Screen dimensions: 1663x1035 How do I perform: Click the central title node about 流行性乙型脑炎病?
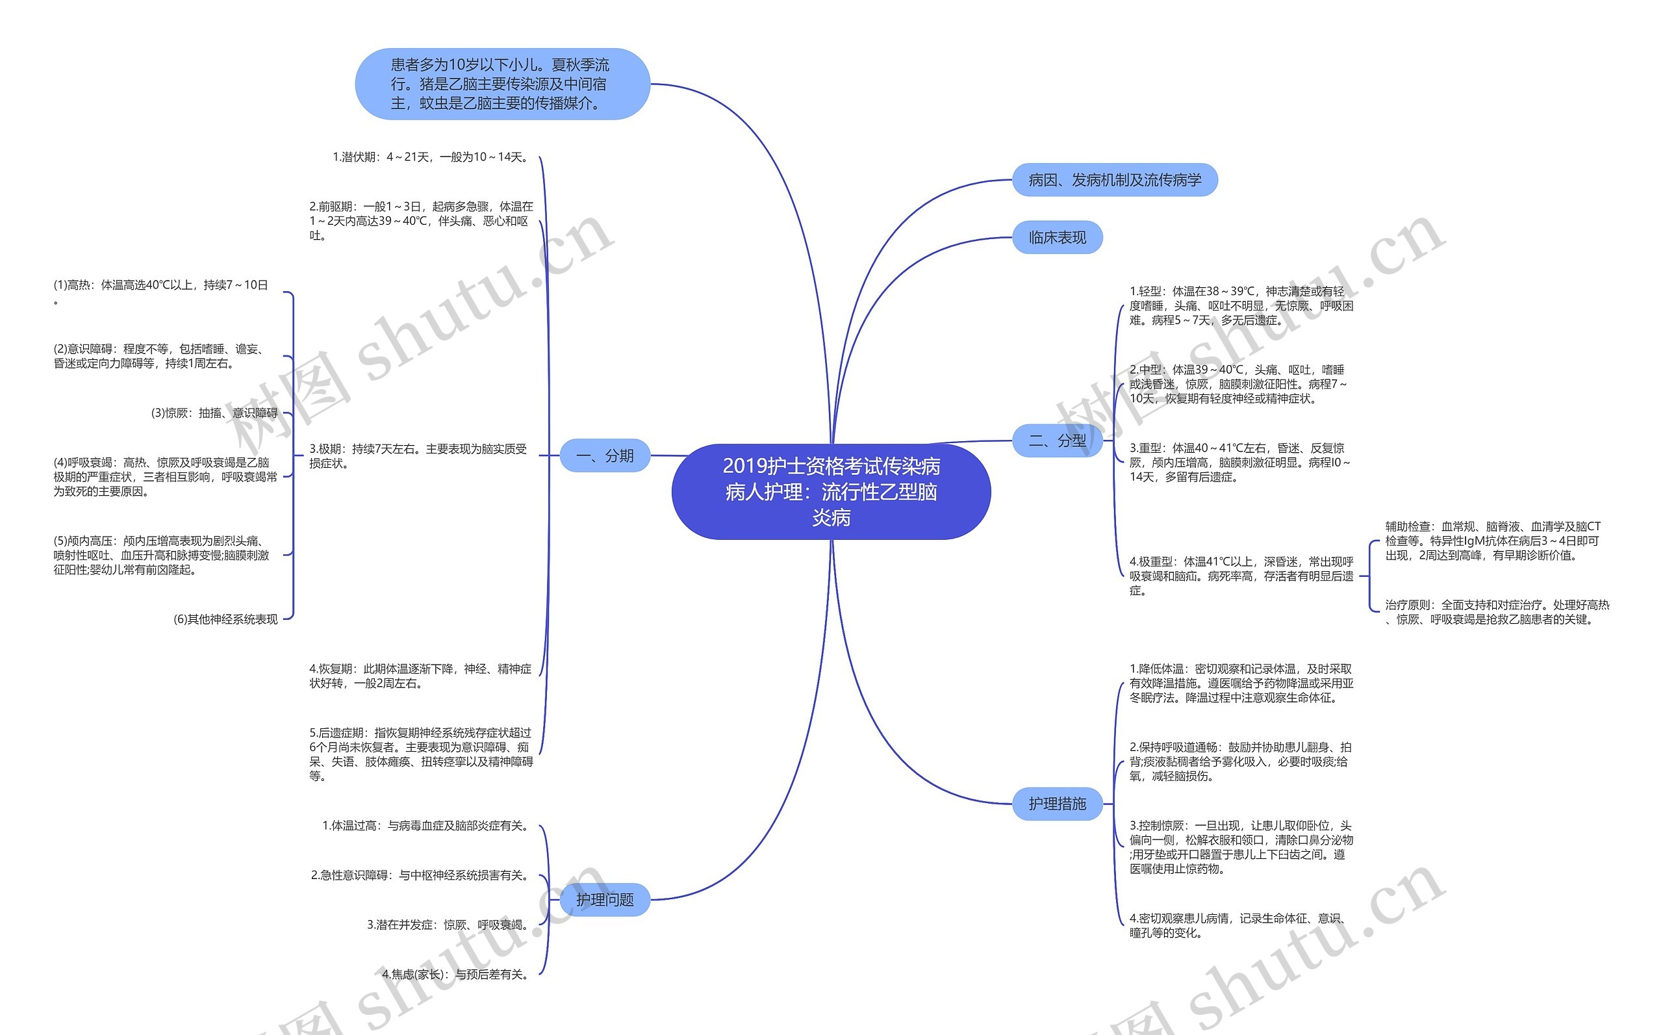coord(831,491)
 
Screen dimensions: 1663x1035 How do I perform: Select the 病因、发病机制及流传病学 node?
coord(1114,180)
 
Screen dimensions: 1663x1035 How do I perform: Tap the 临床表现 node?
coord(1057,238)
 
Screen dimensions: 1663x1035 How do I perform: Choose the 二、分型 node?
coord(1057,441)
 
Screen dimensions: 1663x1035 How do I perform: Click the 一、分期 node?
coord(604,456)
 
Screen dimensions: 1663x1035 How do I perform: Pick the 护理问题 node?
coord(604,899)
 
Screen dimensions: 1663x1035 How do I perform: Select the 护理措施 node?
coord(1057,804)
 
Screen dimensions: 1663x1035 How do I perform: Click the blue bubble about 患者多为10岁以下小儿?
coord(501,84)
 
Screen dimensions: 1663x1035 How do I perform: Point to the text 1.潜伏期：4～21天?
coord(431,157)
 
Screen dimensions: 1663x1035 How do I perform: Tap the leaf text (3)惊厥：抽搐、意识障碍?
coord(214,413)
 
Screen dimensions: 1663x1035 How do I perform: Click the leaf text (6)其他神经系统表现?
coord(225,619)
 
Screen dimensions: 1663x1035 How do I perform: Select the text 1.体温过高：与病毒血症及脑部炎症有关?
coord(427,826)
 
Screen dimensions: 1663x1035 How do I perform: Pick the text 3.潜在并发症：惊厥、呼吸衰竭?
coord(449,925)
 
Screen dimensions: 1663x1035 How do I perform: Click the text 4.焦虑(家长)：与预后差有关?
coord(457,974)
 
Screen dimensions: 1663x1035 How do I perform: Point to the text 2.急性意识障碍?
coord(421,876)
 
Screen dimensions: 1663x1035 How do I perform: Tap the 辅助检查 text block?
coord(1492,541)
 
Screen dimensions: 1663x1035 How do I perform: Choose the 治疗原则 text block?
coord(1497,612)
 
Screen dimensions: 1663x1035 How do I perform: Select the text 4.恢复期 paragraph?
coord(420,676)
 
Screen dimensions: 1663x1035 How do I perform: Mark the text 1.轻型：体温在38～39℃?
coord(1240,306)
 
